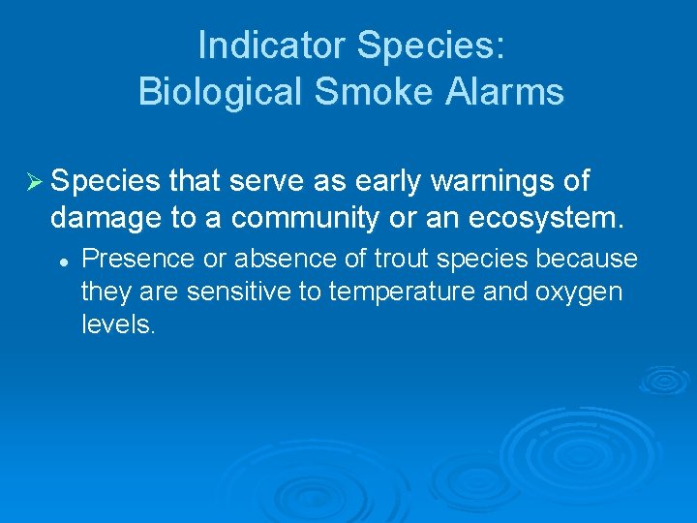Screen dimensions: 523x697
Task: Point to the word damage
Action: coord(106,219)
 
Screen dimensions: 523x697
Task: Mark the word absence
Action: coord(259,260)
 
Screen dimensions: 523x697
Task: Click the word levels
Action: coord(117,324)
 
